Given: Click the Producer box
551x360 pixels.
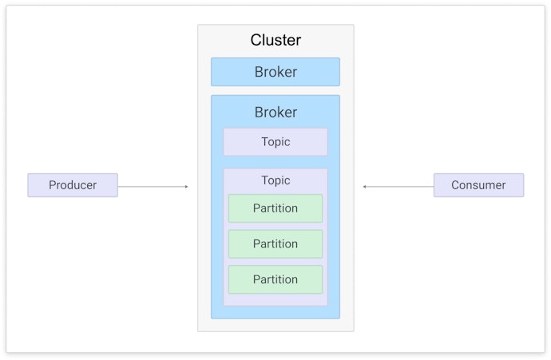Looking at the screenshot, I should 73,185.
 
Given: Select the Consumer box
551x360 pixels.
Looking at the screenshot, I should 478,185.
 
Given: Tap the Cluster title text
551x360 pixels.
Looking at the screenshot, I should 275,40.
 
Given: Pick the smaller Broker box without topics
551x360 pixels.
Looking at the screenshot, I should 275,72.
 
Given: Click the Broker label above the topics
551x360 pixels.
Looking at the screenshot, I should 275,113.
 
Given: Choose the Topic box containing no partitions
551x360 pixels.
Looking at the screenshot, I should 275,142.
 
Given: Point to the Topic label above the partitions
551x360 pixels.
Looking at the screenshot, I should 275,180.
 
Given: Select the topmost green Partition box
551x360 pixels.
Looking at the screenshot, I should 275,208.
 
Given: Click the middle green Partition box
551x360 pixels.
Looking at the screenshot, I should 275,244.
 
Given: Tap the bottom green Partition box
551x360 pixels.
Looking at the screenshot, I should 275,279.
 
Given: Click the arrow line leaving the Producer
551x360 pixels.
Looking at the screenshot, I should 152,187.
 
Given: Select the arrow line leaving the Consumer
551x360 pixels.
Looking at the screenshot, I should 399,187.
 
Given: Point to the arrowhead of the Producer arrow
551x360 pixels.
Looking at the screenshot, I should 187,187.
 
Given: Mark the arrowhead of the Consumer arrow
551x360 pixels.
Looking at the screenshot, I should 364,187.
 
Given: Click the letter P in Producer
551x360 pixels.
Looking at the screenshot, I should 53,185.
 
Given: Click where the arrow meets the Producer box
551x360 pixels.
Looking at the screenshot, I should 118,187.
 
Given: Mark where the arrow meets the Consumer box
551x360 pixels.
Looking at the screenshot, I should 434,187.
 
